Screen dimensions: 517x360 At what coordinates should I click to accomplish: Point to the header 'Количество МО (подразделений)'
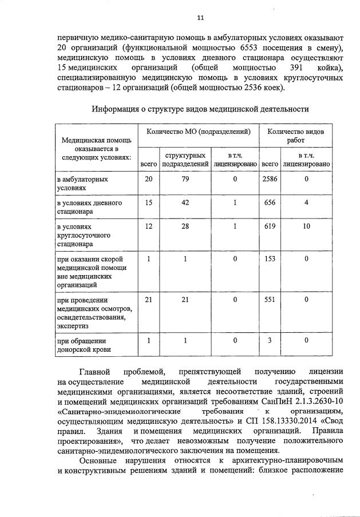pyautogui.click(x=199, y=132)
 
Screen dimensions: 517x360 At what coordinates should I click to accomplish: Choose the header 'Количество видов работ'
pyautogui.click(x=296, y=136)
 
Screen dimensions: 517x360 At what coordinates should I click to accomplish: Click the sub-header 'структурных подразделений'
pyautogui.click(x=185, y=160)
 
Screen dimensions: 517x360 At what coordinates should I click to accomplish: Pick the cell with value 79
pyautogui.click(x=185, y=180)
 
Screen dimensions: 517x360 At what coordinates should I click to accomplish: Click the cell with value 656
pyautogui.click(x=269, y=203)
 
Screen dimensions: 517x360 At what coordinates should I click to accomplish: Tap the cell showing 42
pyautogui.click(x=185, y=203)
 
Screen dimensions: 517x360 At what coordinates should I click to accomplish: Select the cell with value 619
pyautogui.click(x=269, y=226)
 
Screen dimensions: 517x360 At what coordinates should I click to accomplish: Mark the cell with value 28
pyautogui.click(x=185, y=226)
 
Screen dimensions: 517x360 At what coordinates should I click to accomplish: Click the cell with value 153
pyautogui.click(x=269, y=259)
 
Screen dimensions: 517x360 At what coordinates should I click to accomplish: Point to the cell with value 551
pyautogui.click(x=269, y=299)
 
